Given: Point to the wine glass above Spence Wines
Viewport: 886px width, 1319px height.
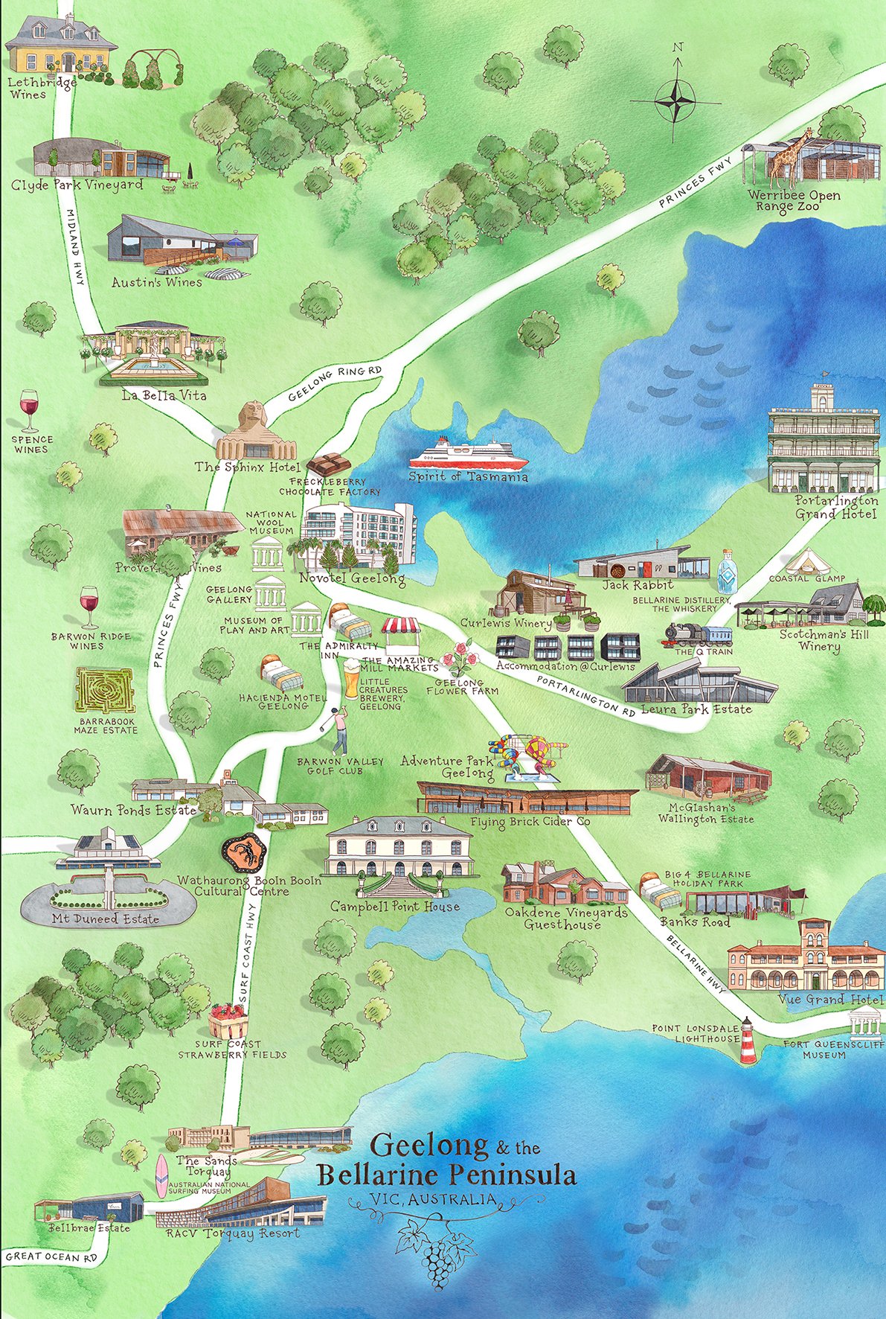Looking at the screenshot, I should [29, 410].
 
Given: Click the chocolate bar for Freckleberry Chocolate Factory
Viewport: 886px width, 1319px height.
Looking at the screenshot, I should [328, 464].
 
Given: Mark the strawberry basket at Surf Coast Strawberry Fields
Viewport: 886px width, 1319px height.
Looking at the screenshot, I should [228, 1020].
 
